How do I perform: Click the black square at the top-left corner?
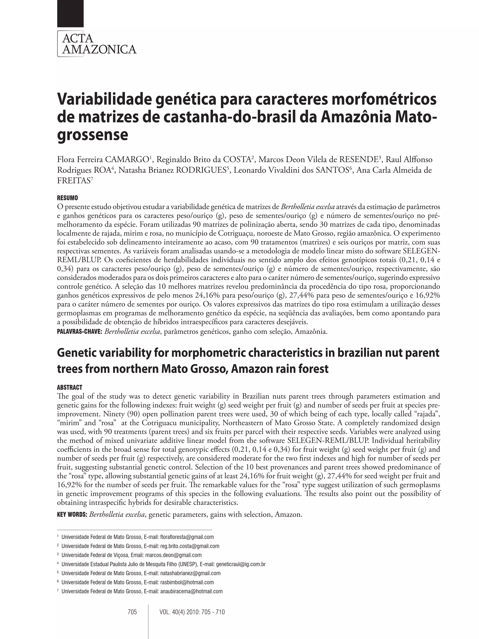pyautogui.click(x=70, y=13)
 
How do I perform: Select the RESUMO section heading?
pyautogui.click(x=67, y=198)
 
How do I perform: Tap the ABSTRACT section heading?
pyautogui.click(x=70, y=387)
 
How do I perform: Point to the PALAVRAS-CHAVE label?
pyautogui.click(x=80, y=332)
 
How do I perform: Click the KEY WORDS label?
pyautogui.click(x=72, y=515)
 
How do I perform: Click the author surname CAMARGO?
pyautogui.click(x=127, y=160)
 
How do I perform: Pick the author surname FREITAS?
pyautogui.click(x=74, y=181)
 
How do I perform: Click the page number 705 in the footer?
pyautogui.click(x=132, y=612)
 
